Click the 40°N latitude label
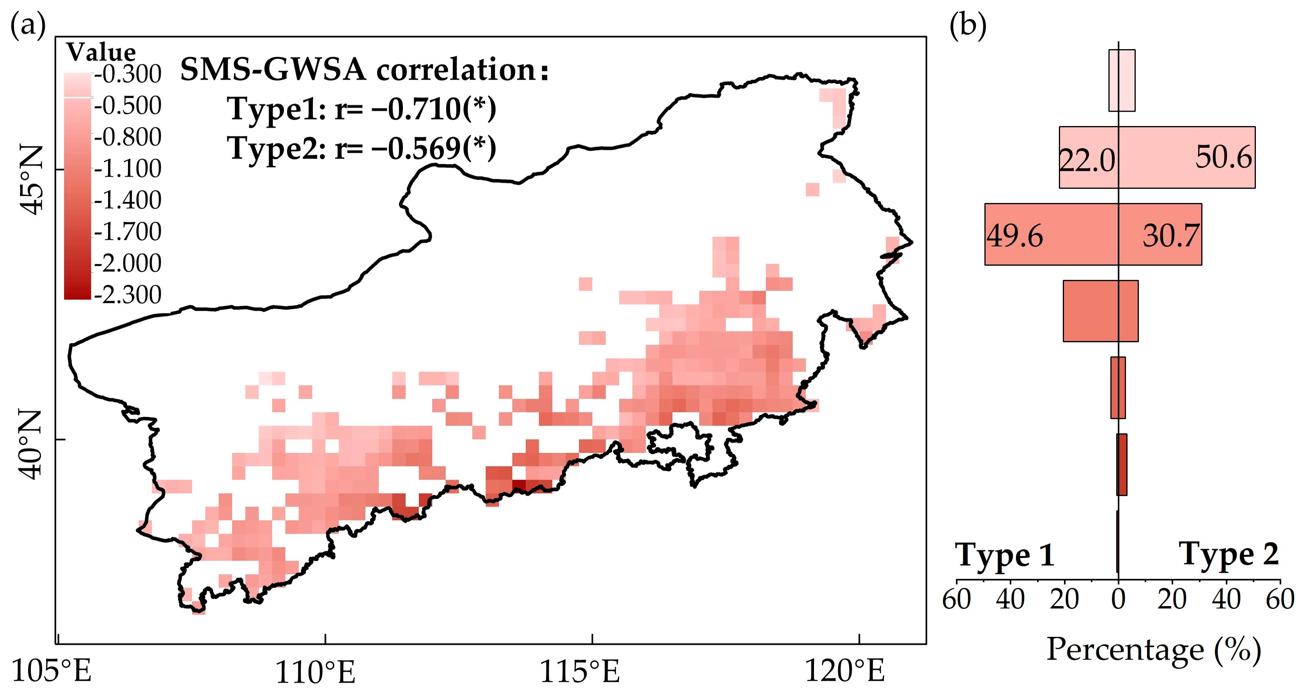coord(32,445)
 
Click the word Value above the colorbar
coord(101,52)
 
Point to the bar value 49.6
coord(1015,236)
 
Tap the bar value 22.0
coord(1087,161)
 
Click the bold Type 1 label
coord(1005,555)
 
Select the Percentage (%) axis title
coord(1154,649)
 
